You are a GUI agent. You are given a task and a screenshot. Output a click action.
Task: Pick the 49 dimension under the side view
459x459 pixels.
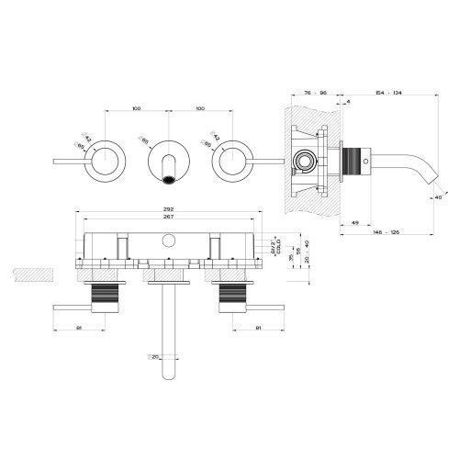tap(354, 223)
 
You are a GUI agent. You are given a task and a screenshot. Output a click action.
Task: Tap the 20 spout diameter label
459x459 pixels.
tap(155, 356)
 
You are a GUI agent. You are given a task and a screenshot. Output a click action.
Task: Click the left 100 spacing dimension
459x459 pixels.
tap(137, 109)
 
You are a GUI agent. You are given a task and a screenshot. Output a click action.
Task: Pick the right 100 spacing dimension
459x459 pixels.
tap(198, 109)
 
